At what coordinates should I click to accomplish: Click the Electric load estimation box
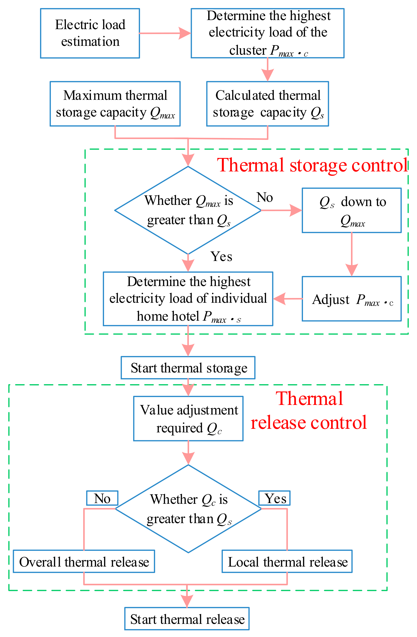point(90,33)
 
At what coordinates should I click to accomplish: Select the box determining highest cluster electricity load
point(267,33)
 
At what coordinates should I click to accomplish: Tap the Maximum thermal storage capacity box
point(115,104)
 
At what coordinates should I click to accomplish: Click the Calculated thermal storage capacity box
point(267,104)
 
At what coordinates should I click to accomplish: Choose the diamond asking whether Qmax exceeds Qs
point(188,210)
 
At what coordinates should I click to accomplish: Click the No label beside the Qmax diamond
point(265,197)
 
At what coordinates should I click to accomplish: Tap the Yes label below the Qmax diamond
point(221,257)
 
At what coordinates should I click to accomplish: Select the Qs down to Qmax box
point(351,210)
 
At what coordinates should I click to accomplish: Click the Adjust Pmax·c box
point(351,299)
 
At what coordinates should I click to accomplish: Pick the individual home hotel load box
point(188,299)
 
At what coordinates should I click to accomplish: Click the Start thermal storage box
point(188,368)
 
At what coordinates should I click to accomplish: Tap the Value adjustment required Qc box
point(188,419)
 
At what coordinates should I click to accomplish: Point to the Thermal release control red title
point(309,411)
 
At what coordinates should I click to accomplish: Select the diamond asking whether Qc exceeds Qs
point(188,509)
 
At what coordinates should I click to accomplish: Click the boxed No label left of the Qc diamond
point(102,498)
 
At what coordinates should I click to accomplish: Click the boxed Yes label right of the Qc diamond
point(274,498)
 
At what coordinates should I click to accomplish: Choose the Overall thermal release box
point(84,562)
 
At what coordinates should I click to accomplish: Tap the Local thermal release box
point(287,562)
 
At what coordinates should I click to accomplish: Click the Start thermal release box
point(187,619)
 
